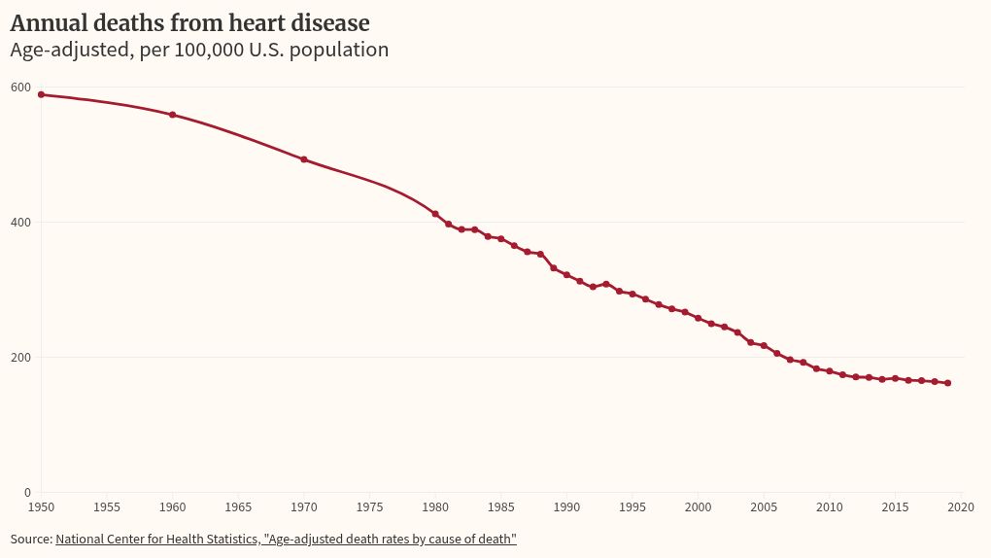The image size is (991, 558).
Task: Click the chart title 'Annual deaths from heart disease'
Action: coord(189,22)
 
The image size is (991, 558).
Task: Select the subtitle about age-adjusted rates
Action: coord(199,50)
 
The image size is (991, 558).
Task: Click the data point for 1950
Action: coord(41,94)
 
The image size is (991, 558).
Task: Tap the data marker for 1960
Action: coord(173,115)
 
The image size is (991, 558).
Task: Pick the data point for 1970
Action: coord(304,159)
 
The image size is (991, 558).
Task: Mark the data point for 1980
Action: coord(435,214)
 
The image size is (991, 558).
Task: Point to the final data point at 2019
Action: coord(947,383)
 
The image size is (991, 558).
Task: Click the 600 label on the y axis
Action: coord(19,87)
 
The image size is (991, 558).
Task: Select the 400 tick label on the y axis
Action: coord(19,223)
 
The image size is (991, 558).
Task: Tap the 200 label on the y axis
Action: coord(19,358)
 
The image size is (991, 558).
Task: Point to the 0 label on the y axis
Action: coord(26,493)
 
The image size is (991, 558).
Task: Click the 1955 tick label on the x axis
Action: coord(107,507)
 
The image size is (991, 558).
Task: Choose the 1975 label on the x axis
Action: coord(369,507)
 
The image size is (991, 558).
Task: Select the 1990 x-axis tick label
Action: coord(566,507)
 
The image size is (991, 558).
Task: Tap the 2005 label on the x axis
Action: coord(764,507)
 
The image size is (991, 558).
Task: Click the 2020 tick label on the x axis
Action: coord(961,507)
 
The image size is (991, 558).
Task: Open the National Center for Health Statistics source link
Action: coord(286,539)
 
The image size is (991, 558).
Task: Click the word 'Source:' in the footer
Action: coord(31,539)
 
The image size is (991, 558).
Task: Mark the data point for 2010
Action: coord(830,371)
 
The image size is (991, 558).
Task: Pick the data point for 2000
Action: coord(698,318)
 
